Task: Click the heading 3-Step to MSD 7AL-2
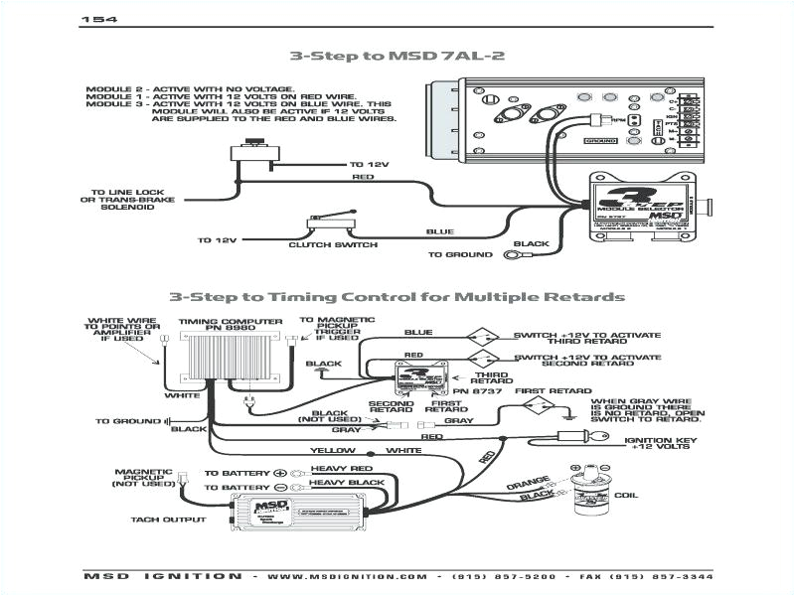(397, 57)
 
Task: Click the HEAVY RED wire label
(342, 469)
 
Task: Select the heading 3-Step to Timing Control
(397, 296)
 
